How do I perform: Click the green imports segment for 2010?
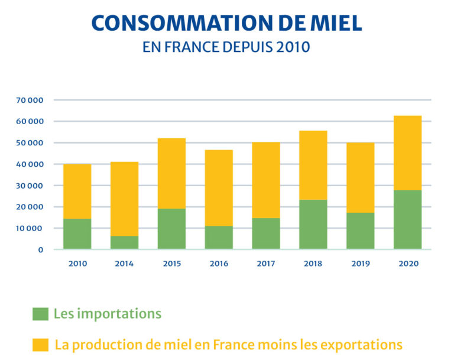77,234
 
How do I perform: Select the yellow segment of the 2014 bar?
124,199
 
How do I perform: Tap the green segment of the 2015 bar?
171,229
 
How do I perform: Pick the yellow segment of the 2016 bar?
219,188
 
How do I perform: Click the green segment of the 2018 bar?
313,225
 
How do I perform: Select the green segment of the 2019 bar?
360,231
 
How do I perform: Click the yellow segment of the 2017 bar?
265,180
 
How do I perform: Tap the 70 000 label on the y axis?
30,100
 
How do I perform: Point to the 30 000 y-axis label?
30,186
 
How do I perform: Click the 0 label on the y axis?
40,249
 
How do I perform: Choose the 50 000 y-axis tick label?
30,143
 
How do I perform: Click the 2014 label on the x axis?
124,264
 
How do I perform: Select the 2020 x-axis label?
407,264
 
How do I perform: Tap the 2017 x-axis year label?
265,264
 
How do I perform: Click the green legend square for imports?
40,314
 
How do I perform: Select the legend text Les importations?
107,314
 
